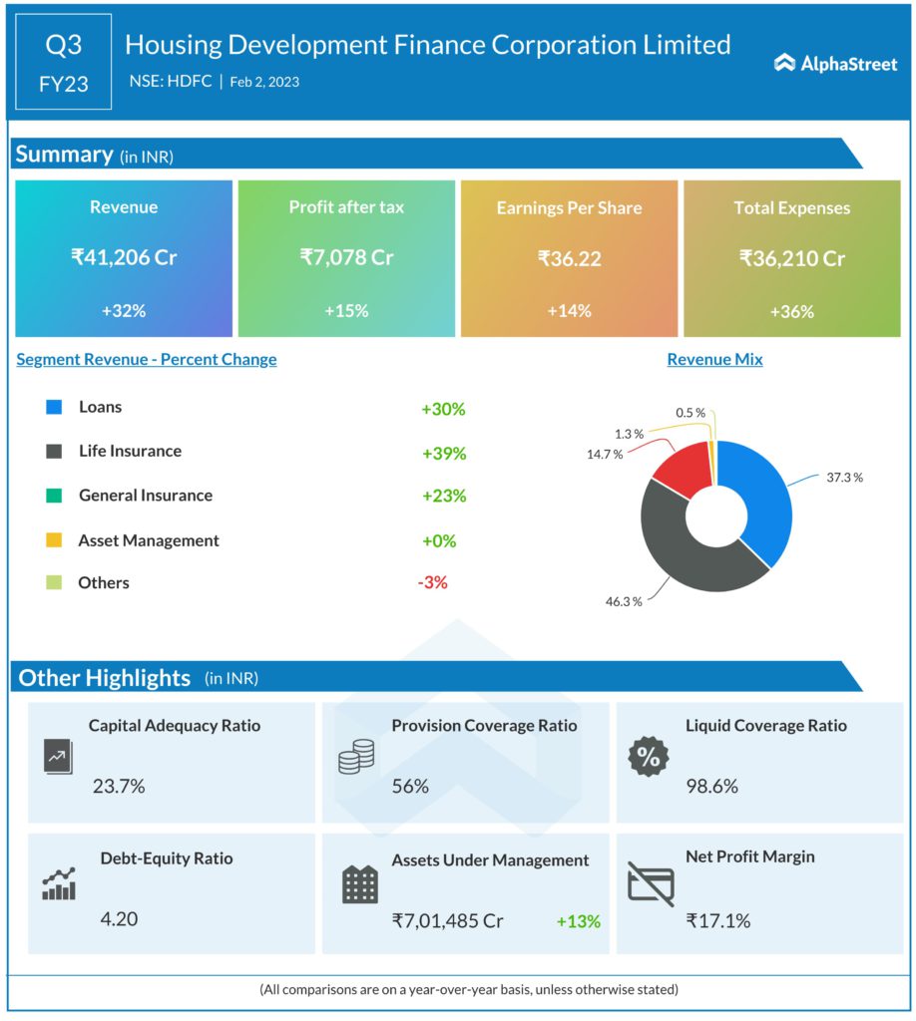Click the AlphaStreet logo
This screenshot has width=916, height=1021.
[835, 64]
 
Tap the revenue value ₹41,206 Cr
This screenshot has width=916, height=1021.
[124, 257]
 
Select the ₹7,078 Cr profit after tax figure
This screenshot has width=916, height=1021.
[346, 257]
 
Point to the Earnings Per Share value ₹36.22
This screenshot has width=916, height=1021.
[569, 257]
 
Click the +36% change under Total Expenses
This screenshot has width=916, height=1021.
[791, 311]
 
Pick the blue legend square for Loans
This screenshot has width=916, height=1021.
[54, 407]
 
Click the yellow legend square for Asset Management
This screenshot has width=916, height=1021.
[54, 540]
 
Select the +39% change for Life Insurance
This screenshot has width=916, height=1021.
[444, 453]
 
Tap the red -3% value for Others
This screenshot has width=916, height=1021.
[432, 582]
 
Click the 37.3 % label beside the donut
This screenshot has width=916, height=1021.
[842, 478]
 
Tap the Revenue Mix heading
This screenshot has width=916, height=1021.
[714, 359]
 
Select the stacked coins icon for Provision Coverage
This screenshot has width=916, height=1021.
[356, 757]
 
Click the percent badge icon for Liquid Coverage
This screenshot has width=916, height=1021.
[649, 757]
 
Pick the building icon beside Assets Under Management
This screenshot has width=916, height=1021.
[359, 883]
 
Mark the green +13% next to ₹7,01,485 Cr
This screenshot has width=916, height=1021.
[579, 920]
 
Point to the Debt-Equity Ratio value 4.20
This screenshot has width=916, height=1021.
[120, 918]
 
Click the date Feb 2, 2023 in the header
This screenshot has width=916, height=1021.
[264, 82]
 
